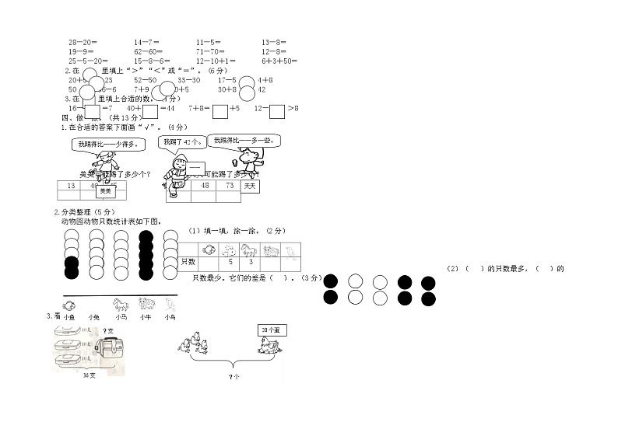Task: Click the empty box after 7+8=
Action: (219, 110)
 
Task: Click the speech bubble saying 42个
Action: (182, 141)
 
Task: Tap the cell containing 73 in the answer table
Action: (230, 187)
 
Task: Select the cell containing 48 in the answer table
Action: (205, 187)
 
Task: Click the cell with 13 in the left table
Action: (71, 186)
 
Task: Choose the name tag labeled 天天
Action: (249, 187)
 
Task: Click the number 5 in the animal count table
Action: (230, 263)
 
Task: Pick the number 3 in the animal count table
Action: (251, 263)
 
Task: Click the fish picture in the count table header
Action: (209, 250)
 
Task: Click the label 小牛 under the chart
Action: (146, 317)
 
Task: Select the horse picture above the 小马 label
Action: (121, 304)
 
